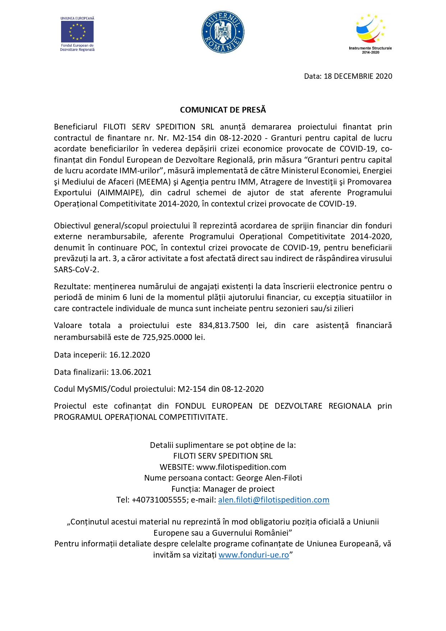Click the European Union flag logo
click(77, 32)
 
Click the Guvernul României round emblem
click(223, 32)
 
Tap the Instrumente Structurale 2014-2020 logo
click(370, 34)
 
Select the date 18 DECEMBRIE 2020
click(358, 76)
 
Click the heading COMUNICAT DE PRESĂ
click(223, 110)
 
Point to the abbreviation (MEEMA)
click(153, 182)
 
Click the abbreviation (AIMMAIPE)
click(120, 193)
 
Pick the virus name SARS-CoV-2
click(76, 270)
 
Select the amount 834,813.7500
click(224, 326)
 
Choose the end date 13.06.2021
click(131, 372)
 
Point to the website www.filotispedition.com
click(241, 467)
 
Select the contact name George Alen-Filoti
click(269, 478)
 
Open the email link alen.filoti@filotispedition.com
click(273, 500)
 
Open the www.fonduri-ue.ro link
click(254, 555)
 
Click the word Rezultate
click(72, 287)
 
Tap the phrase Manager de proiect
click(239, 489)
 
